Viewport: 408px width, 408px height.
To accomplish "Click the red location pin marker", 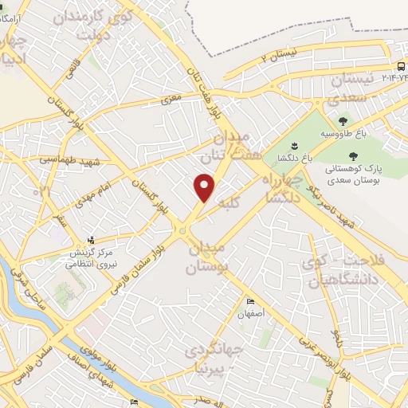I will point(206,188).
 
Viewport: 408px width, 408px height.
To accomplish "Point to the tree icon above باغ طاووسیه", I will point(343,121).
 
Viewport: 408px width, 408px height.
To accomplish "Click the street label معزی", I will point(171,100).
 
